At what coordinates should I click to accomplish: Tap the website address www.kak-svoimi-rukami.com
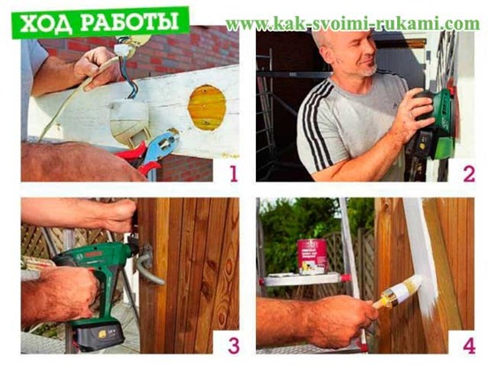(x=352, y=24)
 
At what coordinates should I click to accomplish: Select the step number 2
(x=469, y=174)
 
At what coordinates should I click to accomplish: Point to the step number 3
(x=234, y=345)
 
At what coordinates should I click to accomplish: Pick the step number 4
(x=469, y=346)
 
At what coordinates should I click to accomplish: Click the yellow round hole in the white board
(x=207, y=108)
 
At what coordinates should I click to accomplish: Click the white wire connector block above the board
(x=123, y=48)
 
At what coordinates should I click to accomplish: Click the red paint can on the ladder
(x=312, y=257)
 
